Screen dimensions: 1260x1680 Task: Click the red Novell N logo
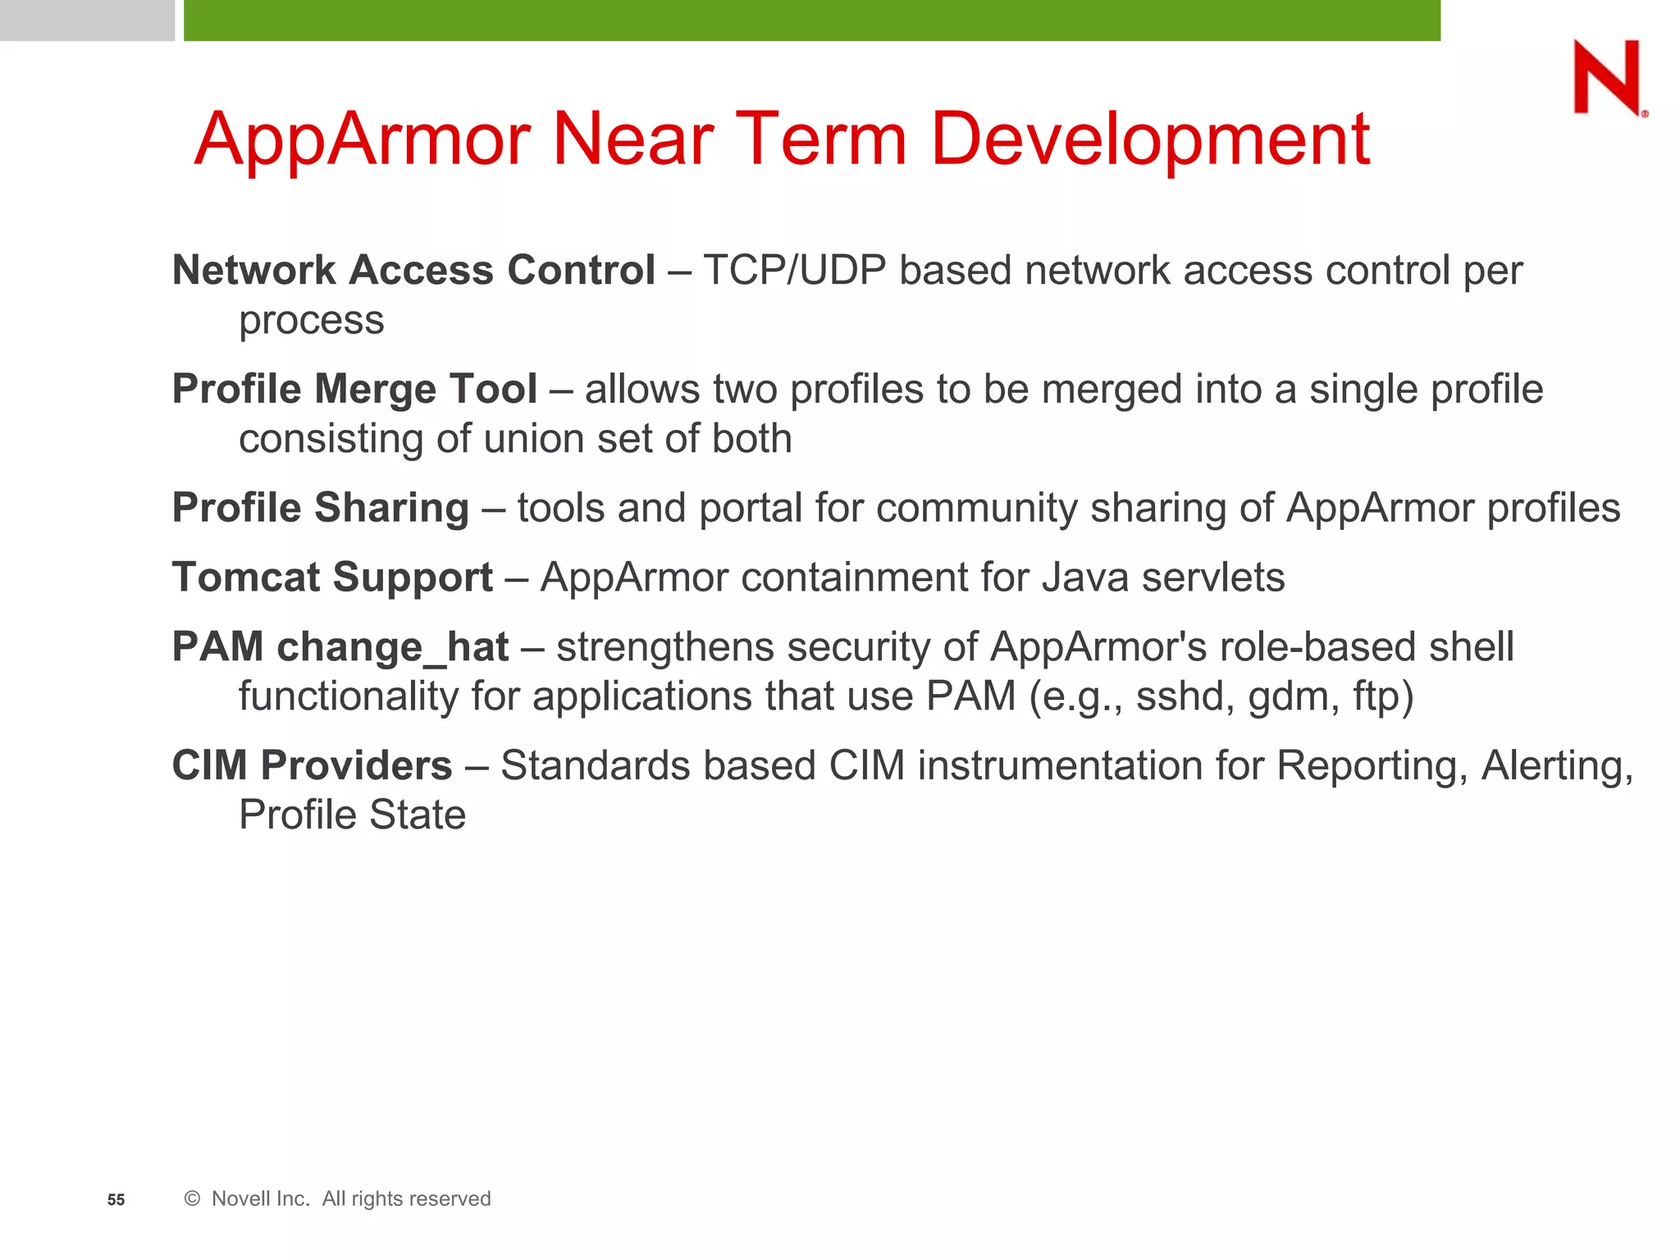click(1606, 78)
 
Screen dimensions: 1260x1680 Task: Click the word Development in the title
click(1149, 139)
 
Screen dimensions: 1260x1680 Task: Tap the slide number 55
click(116, 1200)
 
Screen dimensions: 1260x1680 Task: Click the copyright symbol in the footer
click(192, 1198)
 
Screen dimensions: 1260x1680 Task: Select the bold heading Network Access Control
click(413, 270)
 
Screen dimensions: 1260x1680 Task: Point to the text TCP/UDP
click(794, 270)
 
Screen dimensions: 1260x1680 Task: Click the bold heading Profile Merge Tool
click(354, 389)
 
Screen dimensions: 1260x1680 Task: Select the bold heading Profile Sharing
click(320, 508)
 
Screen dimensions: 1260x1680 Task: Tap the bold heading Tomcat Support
click(332, 577)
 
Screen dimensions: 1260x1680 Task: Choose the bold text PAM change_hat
click(340, 647)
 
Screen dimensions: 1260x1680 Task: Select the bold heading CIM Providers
click(312, 766)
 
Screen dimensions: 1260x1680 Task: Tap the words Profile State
click(352, 815)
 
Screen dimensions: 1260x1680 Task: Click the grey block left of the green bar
click(87, 20)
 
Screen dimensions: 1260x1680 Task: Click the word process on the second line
click(311, 321)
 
